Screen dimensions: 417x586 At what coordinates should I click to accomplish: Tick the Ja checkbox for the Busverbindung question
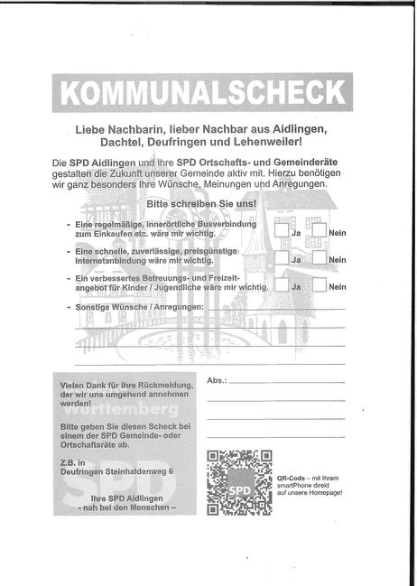[x=282, y=231]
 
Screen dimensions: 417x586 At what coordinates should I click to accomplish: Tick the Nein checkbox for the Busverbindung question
[x=320, y=231]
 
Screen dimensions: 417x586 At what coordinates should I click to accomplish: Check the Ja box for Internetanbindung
[x=282, y=258]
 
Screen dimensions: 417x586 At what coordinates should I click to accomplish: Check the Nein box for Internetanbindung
[x=320, y=258]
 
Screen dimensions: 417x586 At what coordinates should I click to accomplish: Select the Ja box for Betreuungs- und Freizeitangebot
[x=282, y=285]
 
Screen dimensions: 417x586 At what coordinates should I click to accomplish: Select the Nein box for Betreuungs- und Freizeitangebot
[x=320, y=285]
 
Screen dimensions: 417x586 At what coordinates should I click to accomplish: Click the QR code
[x=239, y=481]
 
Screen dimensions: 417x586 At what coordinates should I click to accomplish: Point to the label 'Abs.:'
[x=218, y=381]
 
